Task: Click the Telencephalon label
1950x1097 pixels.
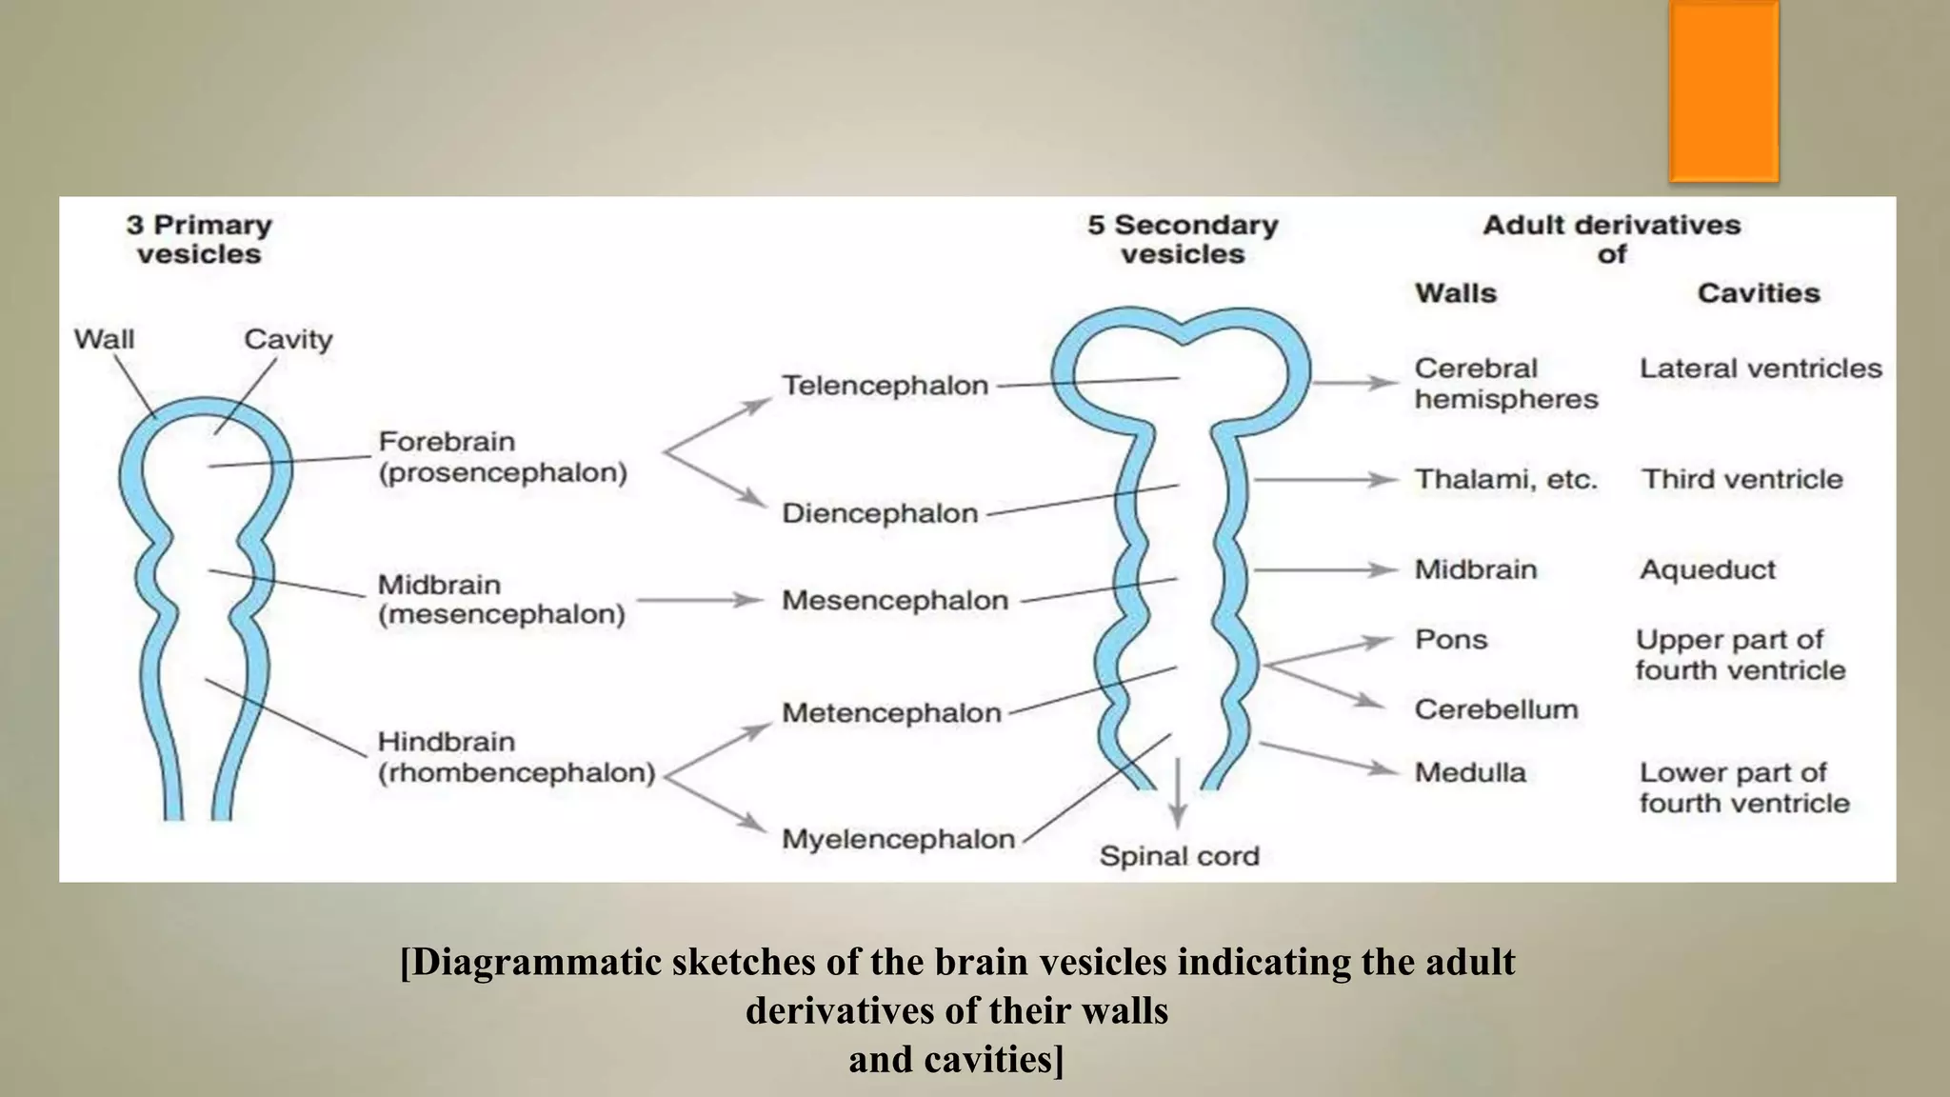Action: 885,386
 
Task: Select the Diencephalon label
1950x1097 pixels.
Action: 880,513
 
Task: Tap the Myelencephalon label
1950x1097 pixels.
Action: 898,839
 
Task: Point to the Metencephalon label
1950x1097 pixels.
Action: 891,712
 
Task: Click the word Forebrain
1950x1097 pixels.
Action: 447,442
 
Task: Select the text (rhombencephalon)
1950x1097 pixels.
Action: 517,772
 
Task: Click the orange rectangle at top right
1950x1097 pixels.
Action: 1723,91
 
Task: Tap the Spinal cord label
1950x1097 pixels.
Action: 1179,856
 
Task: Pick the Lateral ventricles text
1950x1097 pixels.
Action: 1761,369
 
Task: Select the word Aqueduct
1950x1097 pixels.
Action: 1707,569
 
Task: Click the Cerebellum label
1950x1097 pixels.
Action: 1496,709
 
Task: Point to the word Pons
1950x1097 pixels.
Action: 1450,639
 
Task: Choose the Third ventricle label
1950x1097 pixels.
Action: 1741,479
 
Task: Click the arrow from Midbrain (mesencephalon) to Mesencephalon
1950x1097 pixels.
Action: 700,600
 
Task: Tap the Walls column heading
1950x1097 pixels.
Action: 1455,293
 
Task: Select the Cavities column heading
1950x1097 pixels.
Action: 1758,293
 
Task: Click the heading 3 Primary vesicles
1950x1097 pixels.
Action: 199,239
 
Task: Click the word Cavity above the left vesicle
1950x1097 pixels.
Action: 288,339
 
